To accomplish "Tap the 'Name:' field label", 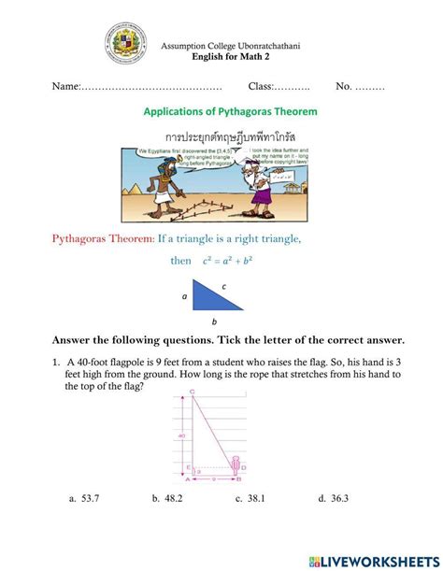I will (x=66, y=86).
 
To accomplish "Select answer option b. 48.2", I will (x=167, y=499).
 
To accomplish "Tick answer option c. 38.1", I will (x=250, y=499).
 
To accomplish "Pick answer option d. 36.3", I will (x=333, y=499).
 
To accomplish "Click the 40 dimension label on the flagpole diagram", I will (x=180, y=435).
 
